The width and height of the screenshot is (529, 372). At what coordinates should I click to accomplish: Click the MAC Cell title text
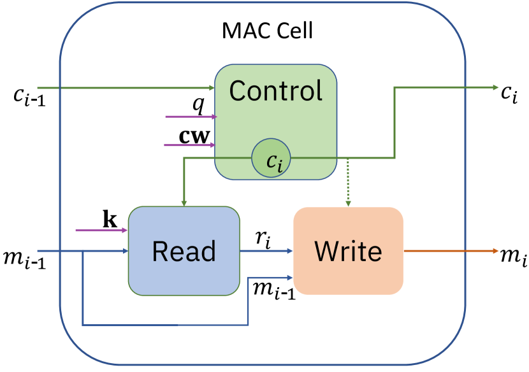[x=268, y=31]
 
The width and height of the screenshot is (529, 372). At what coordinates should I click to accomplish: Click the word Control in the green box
[x=276, y=90]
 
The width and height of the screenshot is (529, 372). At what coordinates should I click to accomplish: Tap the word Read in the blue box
[x=184, y=251]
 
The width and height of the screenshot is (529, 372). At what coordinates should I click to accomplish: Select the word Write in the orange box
[x=348, y=251]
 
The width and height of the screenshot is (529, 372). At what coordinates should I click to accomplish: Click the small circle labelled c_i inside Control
[x=271, y=158]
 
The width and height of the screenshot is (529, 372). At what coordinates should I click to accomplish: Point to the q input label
[x=199, y=104]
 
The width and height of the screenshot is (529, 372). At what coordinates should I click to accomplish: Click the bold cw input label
[x=194, y=136]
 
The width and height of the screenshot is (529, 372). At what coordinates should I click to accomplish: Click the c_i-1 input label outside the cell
[x=30, y=96]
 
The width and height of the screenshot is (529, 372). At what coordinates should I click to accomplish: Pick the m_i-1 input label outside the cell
[x=25, y=259]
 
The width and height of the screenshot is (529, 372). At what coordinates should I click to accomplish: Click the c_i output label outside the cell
[x=509, y=94]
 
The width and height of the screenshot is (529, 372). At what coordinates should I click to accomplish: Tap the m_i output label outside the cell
[x=514, y=257]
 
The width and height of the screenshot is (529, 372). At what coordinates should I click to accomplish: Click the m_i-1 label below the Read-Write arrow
[x=274, y=290]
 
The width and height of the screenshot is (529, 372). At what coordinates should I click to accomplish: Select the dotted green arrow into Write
[x=348, y=182]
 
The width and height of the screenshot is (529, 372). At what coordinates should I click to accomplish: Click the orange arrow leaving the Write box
[x=451, y=251]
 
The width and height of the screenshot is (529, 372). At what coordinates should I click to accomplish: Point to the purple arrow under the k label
[x=101, y=230]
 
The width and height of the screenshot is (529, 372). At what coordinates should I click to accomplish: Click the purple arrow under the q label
[x=191, y=117]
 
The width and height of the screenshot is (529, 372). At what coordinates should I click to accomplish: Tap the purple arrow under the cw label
[x=189, y=145]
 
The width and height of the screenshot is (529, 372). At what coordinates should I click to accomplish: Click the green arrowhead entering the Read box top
[x=184, y=203]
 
